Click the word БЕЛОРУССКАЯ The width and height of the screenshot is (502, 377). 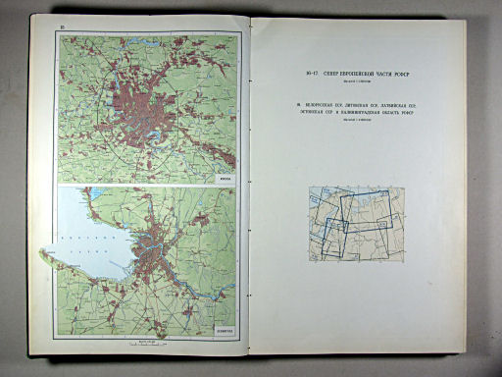tap(315, 105)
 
